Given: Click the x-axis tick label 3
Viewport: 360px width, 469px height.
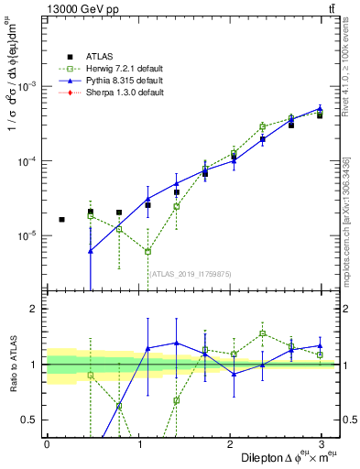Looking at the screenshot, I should [x=322, y=444].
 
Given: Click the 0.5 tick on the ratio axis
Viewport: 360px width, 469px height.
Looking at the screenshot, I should [x=31, y=420].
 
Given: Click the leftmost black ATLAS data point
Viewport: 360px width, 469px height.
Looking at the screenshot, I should [x=61, y=220].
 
